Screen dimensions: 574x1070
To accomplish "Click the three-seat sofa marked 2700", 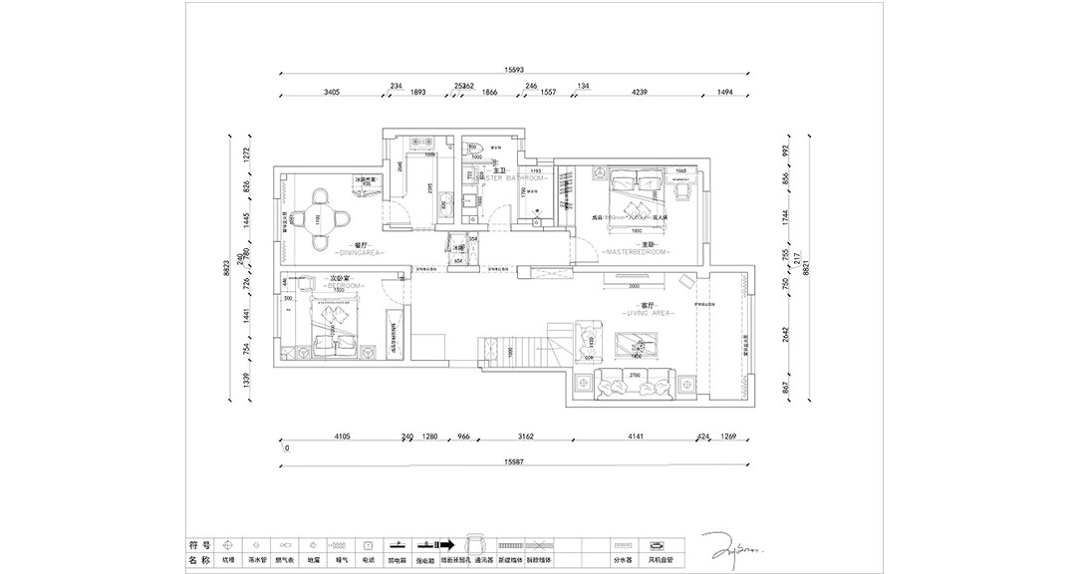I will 634,383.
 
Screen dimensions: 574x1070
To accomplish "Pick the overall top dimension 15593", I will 514,70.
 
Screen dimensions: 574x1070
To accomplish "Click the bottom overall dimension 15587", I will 514,460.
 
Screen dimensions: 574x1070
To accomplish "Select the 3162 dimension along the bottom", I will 526,435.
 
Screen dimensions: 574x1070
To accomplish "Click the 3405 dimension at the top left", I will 333,92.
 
